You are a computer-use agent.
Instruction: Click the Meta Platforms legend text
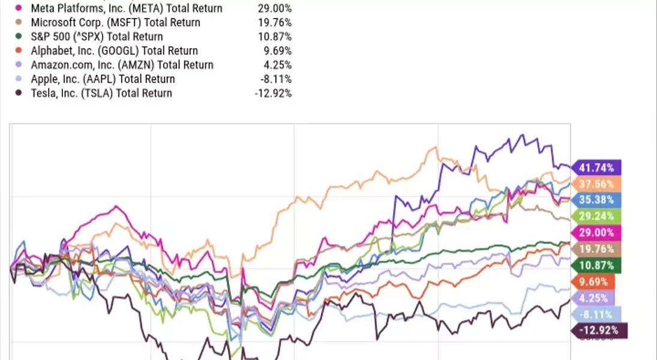[125, 8]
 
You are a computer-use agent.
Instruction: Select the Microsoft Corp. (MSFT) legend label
[115, 23]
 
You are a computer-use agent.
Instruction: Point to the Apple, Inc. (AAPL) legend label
[104, 79]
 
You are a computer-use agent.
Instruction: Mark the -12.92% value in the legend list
[274, 93]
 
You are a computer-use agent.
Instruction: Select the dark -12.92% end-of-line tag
[601, 330]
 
